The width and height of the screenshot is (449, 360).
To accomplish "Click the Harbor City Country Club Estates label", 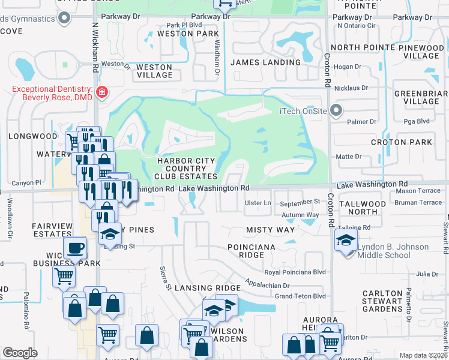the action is pyautogui.click(x=186, y=169).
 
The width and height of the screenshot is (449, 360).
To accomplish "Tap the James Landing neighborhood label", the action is pyautogui.click(x=265, y=62).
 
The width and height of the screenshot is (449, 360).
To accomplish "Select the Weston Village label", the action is pyautogui.click(x=155, y=71).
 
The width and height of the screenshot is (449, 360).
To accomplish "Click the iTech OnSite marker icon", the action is pyautogui.click(x=336, y=110).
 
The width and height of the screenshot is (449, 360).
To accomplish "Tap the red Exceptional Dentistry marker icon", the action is pyautogui.click(x=102, y=92).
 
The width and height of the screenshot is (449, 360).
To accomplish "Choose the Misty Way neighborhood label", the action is pyautogui.click(x=271, y=230).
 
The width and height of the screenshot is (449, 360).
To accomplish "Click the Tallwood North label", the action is pyautogui.click(x=363, y=208).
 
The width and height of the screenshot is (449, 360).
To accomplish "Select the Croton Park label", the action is pyautogui.click(x=410, y=142).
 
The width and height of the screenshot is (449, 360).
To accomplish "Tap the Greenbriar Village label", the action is pyautogui.click(x=417, y=97).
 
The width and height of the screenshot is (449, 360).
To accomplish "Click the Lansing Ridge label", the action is pyautogui.click(x=208, y=288).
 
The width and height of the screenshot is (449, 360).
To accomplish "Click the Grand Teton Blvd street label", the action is pyautogui.click(x=300, y=296).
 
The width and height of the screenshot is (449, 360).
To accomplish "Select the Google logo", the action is pyautogui.click(x=20, y=353).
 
